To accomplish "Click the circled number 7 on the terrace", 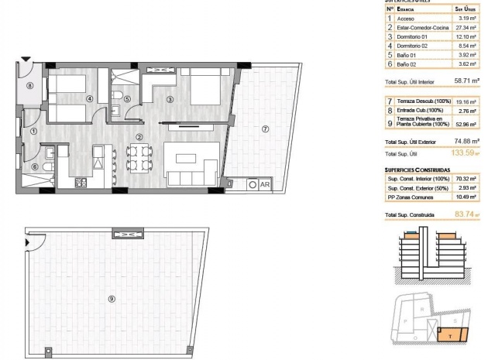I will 265,129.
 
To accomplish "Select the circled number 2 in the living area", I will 139,138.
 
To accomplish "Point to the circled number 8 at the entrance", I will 29,87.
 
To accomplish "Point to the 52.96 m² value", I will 463,123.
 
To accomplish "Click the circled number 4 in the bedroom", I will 90,98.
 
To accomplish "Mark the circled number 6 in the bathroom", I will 34,166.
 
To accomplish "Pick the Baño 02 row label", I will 407,65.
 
